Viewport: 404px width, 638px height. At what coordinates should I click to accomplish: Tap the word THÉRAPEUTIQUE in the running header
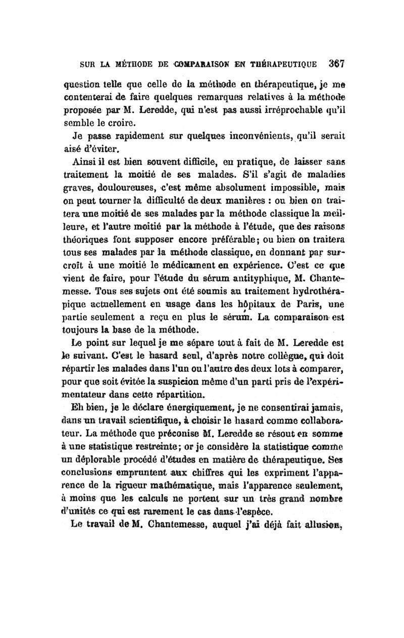(282, 65)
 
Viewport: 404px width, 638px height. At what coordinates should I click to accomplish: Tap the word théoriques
(87, 250)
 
